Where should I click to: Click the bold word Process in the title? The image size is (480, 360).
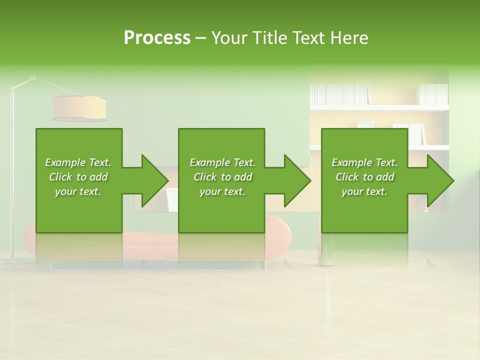click(x=157, y=38)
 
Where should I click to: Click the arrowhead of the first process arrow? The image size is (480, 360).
click(x=154, y=180)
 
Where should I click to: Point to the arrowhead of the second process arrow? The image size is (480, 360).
click(x=297, y=180)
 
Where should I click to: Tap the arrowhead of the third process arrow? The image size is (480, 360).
click(x=440, y=180)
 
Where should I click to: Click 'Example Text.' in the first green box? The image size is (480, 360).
click(x=78, y=162)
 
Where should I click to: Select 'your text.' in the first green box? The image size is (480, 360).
click(x=78, y=191)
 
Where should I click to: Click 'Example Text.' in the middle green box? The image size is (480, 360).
click(x=222, y=162)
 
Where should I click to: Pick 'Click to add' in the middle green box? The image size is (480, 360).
click(x=222, y=177)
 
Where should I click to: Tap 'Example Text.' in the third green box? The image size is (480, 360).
click(x=364, y=162)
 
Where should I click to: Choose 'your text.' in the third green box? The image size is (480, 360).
click(x=364, y=191)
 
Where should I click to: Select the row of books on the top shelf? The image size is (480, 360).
click(x=340, y=94)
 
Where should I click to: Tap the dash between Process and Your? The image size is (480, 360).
click(x=200, y=38)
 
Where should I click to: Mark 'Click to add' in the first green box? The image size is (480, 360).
click(x=78, y=177)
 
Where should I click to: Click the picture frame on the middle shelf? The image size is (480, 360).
click(x=365, y=124)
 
